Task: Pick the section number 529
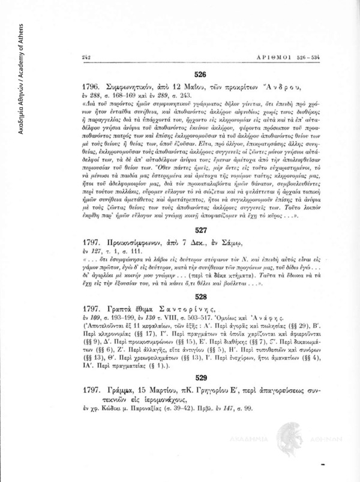pos(200,378)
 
